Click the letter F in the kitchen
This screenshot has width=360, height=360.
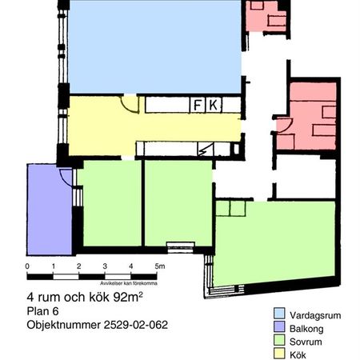(198, 105)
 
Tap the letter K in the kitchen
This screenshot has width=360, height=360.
(214, 105)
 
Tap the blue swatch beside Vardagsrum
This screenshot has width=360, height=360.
(280, 314)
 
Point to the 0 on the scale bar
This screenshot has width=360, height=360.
(27, 266)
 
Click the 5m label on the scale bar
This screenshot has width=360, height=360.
(159, 266)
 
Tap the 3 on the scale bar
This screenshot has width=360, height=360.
(106, 266)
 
